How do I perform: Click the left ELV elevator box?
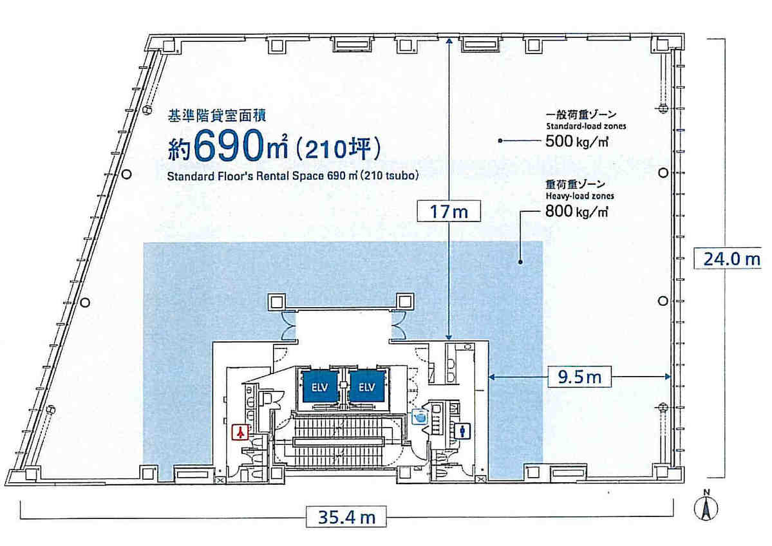tap(319, 386)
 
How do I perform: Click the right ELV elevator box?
tap(367, 386)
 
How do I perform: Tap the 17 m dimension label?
tap(449, 212)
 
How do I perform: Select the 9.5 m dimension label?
tap(579, 377)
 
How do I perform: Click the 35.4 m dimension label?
tap(346, 517)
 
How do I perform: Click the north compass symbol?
tap(706, 505)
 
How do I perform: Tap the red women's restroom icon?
tap(240, 432)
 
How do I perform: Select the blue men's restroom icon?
tap(462, 431)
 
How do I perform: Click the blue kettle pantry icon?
tap(420, 417)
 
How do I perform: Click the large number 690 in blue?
tap(229, 146)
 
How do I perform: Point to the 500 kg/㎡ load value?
tap(577, 142)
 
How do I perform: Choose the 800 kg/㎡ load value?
tap(577, 211)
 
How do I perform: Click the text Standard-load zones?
tap(586, 126)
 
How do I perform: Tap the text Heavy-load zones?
tap(579, 196)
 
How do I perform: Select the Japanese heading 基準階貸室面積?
tap(217, 116)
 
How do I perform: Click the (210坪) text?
tap(338, 149)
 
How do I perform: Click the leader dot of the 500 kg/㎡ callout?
tap(500, 141)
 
